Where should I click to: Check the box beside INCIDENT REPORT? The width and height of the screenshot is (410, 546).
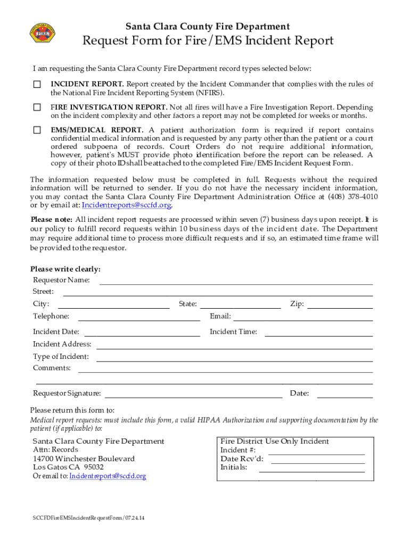(37, 85)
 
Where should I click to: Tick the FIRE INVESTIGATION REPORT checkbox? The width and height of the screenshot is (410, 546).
(37, 107)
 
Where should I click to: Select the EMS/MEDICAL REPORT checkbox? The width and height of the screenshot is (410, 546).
(37, 130)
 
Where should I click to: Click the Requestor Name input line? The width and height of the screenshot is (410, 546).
(236, 283)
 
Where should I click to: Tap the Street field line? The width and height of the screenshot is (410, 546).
(218, 295)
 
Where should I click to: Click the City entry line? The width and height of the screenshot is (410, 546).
(113, 307)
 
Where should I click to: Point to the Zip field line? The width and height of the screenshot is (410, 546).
(340, 307)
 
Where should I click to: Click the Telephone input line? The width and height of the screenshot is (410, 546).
(139, 319)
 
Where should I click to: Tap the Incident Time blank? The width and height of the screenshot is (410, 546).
(318, 335)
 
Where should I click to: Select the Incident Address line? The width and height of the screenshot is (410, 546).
(234, 348)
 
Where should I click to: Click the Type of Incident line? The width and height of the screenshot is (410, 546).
(234, 360)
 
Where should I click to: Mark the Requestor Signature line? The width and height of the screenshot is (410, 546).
(194, 397)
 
